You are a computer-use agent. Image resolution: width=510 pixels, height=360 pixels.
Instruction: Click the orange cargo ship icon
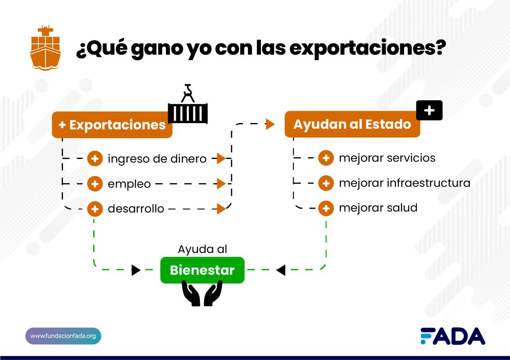pos(45,48)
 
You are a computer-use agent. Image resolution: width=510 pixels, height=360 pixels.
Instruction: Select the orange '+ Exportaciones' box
pos(112,125)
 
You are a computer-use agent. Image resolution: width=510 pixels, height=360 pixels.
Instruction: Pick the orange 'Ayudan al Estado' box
pos(352,124)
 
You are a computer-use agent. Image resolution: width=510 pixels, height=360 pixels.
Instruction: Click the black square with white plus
pos(429,110)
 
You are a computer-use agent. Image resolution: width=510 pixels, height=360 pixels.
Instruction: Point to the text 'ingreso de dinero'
pos(157,159)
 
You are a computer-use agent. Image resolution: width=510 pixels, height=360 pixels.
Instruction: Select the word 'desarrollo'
pos(136,209)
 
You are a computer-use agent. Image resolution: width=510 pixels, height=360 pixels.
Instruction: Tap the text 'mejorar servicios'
pos(387,158)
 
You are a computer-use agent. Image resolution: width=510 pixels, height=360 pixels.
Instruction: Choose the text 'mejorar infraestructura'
pos(404,183)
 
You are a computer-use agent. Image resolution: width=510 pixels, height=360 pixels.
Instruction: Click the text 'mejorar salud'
pos(378,208)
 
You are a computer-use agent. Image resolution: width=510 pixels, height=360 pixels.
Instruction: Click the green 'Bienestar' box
pos(202,270)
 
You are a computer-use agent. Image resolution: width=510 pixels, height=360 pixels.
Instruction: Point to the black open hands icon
pos(202,293)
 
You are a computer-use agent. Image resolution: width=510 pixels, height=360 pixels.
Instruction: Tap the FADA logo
pos(453,337)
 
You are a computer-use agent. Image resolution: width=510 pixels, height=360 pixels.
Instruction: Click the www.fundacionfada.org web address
pos(63,336)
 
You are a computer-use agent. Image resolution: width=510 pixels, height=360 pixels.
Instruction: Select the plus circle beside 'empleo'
pos(95,184)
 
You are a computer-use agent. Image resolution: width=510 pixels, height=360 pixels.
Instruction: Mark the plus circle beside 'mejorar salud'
pos(326,208)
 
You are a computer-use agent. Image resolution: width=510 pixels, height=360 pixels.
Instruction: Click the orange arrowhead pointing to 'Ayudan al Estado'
pos(270,124)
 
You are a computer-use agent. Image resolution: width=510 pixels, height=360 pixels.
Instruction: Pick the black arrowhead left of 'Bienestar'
pos(136,270)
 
